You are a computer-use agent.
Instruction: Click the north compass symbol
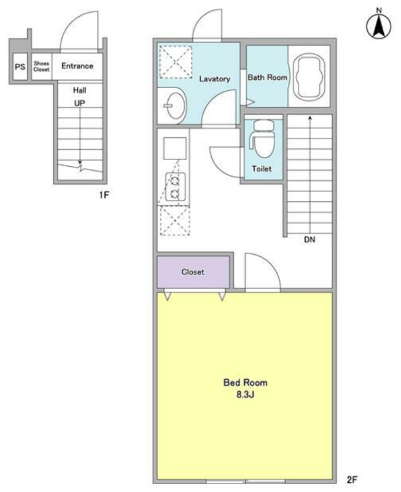point(379,25)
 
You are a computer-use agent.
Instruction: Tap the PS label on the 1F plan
point(20,66)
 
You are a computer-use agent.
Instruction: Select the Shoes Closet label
point(41,66)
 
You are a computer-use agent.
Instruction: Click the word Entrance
point(77,66)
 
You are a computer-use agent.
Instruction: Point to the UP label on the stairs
point(80,103)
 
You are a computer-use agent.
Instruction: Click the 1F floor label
point(104,195)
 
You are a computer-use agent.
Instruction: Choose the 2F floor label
point(352,479)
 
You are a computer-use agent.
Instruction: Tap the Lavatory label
point(214,79)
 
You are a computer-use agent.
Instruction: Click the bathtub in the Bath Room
point(309,77)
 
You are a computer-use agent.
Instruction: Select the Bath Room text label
point(267,77)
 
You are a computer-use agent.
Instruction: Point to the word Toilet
point(262,169)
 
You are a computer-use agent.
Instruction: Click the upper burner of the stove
point(175,181)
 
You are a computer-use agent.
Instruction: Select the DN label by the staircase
point(310,240)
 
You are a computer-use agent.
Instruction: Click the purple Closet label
point(193,272)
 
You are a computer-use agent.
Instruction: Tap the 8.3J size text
point(245,394)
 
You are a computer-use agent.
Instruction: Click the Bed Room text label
point(245,383)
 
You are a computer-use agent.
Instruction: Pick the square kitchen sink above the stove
point(175,148)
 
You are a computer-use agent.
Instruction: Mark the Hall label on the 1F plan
point(80,90)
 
